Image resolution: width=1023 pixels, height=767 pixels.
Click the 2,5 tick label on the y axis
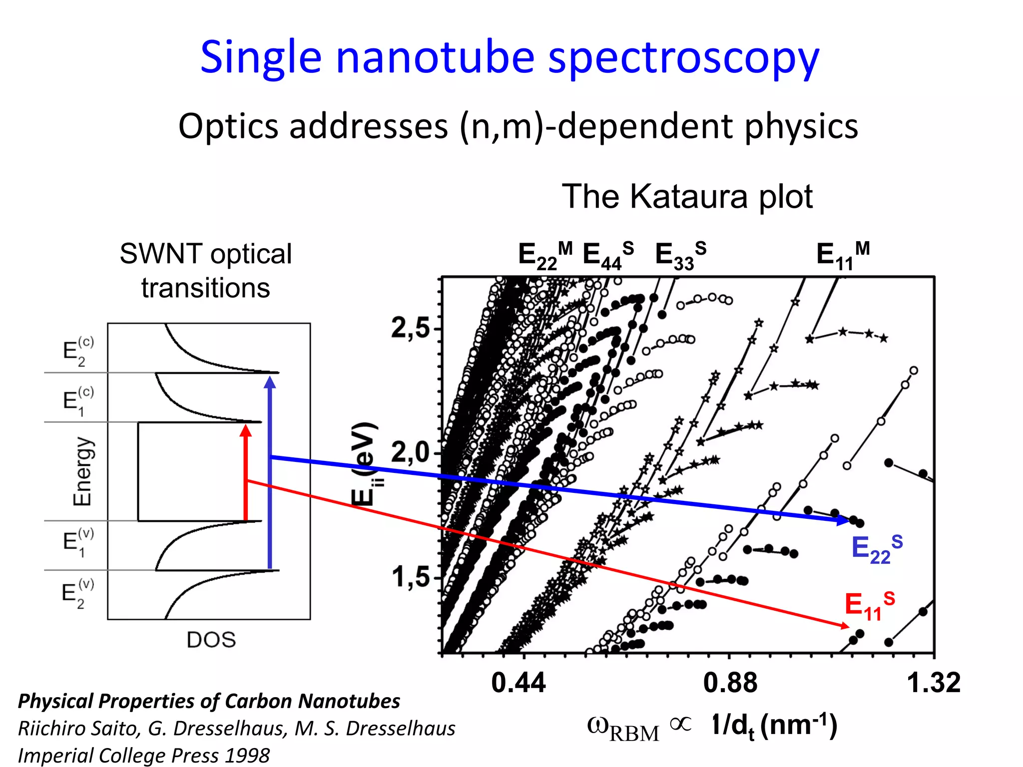point(410,329)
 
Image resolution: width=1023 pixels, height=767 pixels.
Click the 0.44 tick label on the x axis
point(518,683)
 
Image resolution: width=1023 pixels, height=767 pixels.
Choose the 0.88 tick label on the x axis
point(730,683)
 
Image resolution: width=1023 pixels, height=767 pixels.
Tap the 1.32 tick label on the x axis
point(933,683)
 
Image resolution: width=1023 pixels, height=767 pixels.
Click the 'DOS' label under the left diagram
point(211,640)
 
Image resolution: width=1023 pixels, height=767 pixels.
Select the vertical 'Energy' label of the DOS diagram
point(82,471)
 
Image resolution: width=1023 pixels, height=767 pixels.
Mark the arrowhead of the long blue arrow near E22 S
point(843,520)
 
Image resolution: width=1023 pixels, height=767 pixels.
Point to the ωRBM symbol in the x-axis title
point(623,728)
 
